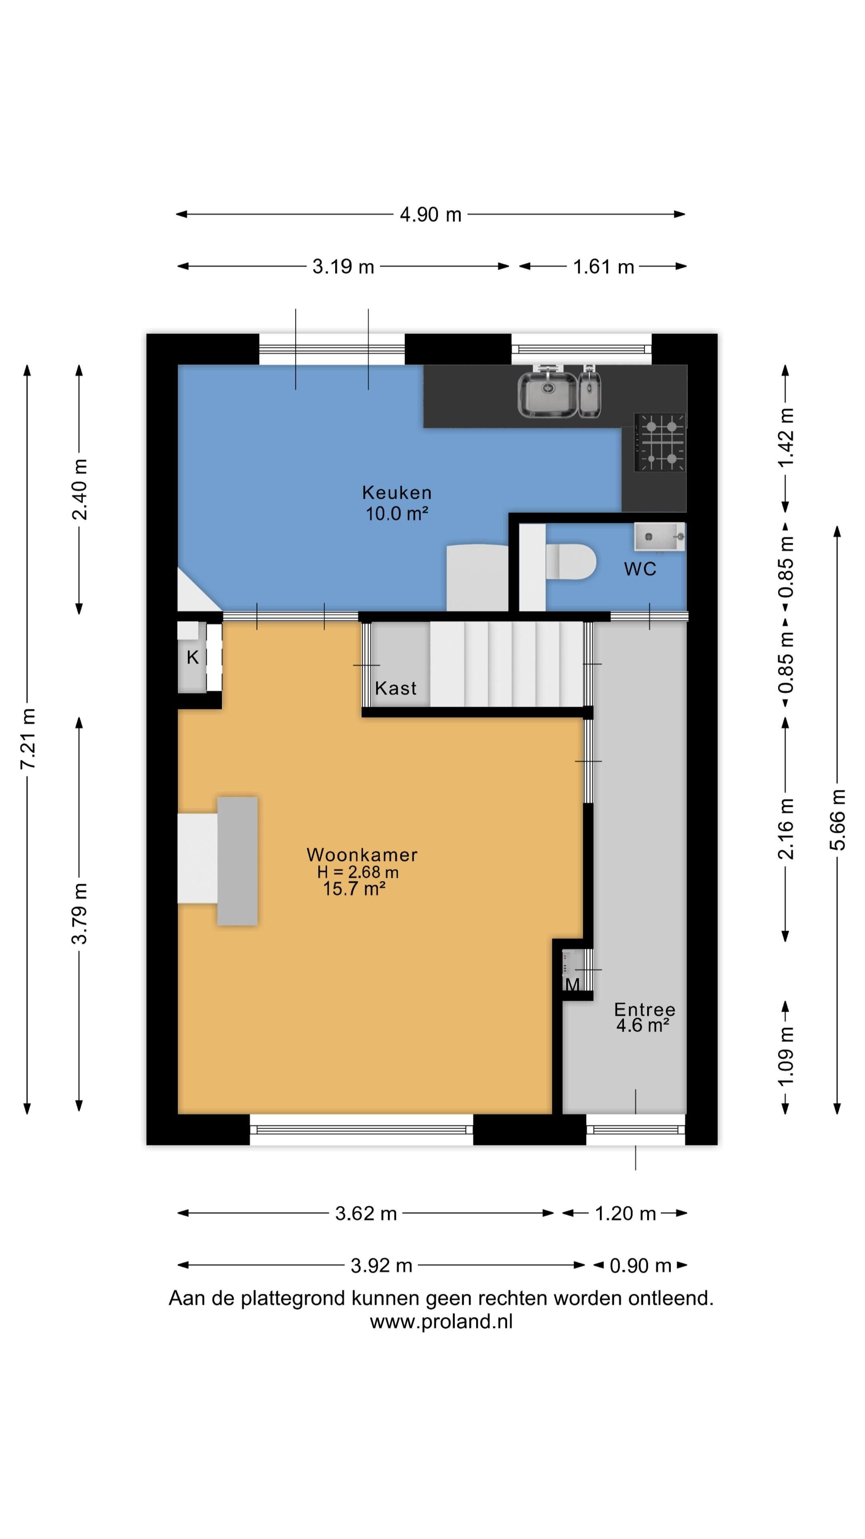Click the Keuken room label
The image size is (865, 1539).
click(396, 493)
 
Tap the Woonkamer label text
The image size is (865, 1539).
click(362, 854)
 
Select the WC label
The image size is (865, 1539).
click(640, 569)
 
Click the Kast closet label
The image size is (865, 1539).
click(396, 688)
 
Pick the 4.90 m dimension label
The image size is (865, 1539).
click(430, 214)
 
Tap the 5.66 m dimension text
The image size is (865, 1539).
click(838, 820)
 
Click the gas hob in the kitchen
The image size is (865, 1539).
click(660, 442)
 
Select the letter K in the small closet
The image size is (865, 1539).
click(192, 657)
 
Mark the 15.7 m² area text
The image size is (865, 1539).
click(354, 889)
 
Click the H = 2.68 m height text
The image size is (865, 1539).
click(358, 872)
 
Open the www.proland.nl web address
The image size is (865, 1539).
click(441, 1321)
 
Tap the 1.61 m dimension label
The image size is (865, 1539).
click(603, 267)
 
